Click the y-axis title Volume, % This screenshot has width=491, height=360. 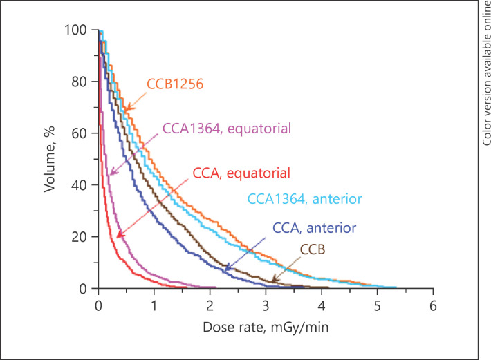point(51,159)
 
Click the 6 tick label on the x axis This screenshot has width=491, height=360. point(432,303)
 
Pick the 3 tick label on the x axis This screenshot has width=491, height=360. point(266,303)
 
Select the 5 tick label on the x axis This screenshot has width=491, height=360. point(377,303)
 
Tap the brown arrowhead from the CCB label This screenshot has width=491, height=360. point(275,279)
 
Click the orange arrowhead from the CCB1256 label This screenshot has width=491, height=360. point(127,108)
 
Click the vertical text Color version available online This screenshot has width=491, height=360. point(481,73)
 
